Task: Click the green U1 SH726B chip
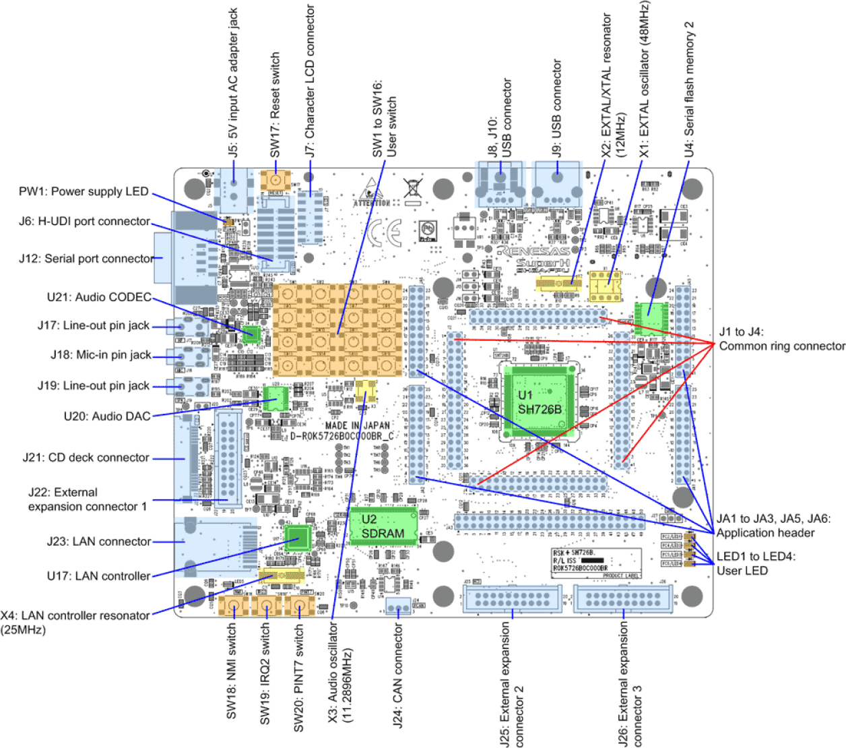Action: [539, 402]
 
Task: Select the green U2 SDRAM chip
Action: [383, 526]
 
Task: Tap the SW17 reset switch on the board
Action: [275, 181]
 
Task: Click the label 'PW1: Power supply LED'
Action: [84, 191]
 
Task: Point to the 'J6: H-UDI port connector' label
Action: [84, 221]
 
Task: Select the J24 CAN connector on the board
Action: [398, 606]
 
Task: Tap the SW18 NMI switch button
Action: [233, 606]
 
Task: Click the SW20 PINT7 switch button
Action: [300, 606]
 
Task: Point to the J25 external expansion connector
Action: [513, 598]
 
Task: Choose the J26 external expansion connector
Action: [623, 598]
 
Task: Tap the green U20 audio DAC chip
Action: [275, 398]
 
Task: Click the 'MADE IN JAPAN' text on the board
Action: [357, 425]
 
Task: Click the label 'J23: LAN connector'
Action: [99, 541]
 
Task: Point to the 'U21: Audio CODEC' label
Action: [99, 297]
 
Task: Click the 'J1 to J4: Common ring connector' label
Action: [781, 339]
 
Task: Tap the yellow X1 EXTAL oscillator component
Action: [605, 286]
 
